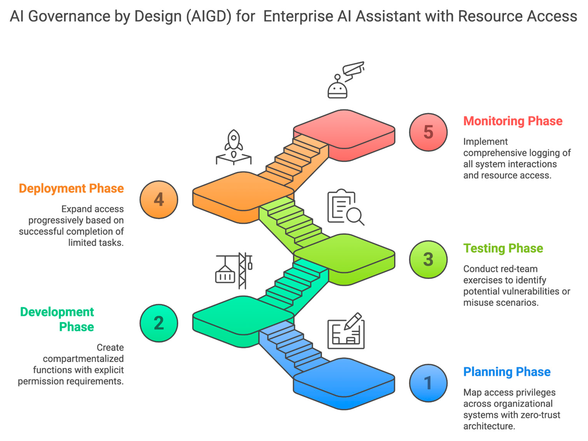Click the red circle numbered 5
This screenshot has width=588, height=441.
(x=428, y=132)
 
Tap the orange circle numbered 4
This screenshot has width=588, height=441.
(x=159, y=199)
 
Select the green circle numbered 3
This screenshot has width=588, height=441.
(x=428, y=259)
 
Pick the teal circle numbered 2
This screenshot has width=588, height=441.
(x=159, y=323)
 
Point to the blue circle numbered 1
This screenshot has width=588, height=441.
(x=428, y=383)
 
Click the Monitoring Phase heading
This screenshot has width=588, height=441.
(x=513, y=121)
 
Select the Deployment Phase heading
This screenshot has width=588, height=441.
(x=71, y=188)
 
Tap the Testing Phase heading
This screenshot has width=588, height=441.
(x=503, y=248)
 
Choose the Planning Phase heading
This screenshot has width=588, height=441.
(x=507, y=372)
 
